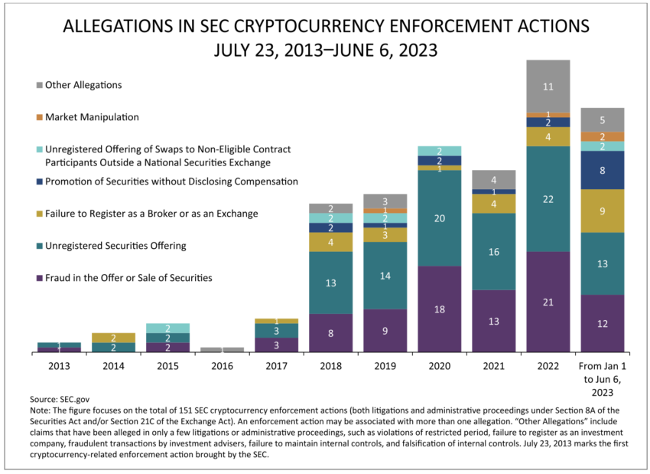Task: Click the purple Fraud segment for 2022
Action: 548,302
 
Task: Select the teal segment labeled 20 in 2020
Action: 439,218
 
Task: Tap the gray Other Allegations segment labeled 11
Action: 548,87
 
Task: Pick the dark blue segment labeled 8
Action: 602,170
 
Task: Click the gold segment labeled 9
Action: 602,211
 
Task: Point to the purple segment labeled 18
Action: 439,309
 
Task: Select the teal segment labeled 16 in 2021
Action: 493,251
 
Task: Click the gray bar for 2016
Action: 222,349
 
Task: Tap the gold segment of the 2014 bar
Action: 113,338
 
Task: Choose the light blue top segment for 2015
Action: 167,328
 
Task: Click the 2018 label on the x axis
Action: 330,365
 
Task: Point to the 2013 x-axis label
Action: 59,365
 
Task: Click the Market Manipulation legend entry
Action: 92,117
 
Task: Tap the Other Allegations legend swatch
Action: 39,85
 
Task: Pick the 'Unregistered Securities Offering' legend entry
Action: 115,246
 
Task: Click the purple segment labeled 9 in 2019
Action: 385,331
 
